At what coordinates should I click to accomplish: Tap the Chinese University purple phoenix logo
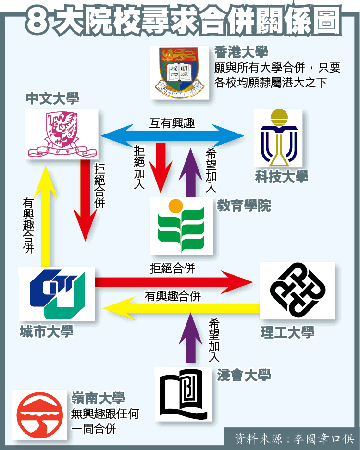(62, 134)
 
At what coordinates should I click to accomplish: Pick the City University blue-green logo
(57, 293)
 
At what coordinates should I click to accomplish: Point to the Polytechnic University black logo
(297, 290)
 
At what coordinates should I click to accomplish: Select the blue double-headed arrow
(172, 136)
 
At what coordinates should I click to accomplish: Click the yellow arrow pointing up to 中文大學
(46, 216)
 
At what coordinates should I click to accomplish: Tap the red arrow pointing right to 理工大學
(173, 282)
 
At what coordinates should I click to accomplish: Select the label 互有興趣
(172, 123)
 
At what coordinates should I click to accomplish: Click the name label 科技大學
(282, 177)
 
